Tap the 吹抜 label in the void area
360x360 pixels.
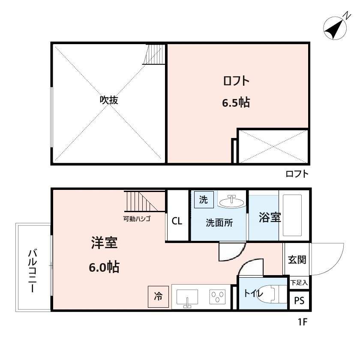tap(109, 100)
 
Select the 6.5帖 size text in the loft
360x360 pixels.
tap(236, 103)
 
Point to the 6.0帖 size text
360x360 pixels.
tap(104, 267)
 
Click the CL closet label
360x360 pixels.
tap(177, 222)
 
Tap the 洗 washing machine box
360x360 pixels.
tap(203, 200)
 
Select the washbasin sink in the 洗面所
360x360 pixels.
tap(232, 201)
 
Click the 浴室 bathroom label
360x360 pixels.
tap(270, 218)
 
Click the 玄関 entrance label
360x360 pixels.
tap(297, 260)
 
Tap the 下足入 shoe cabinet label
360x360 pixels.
tap(299, 283)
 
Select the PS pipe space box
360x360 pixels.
tap(299, 301)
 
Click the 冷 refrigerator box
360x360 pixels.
tap(158, 296)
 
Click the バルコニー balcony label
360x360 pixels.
tap(32, 270)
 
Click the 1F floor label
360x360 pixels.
tap(303, 321)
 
